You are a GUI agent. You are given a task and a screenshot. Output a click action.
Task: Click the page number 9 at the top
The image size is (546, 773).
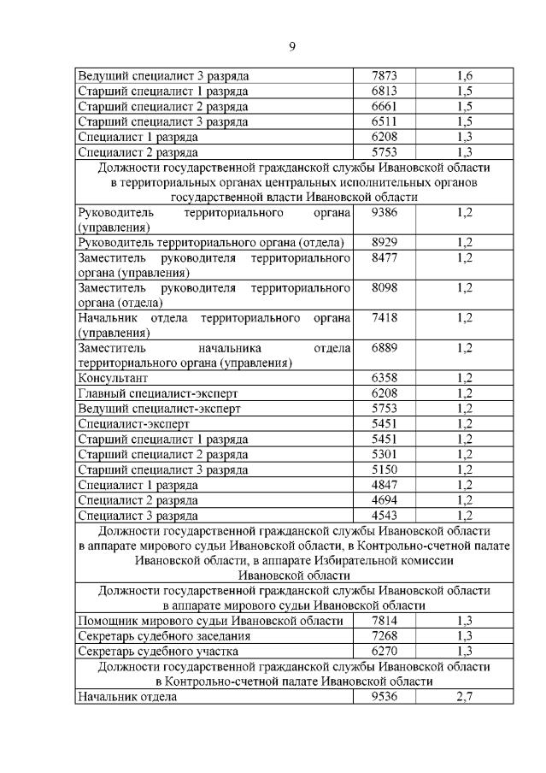pyautogui.click(x=291, y=46)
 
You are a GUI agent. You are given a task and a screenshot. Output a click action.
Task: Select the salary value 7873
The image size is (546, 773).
pyautogui.click(x=385, y=76)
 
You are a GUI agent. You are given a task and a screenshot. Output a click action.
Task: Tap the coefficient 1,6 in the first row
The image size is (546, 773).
pyautogui.click(x=464, y=76)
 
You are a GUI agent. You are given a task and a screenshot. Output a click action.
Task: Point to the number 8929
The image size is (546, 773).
pyautogui.click(x=385, y=243)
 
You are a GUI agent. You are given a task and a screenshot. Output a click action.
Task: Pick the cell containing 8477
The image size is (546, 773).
pyautogui.click(x=385, y=257)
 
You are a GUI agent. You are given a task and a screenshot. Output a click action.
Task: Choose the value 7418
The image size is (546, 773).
pyautogui.click(x=385, y=318)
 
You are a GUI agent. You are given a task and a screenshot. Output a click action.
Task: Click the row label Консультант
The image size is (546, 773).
pyautogui.click(x=113, y=378)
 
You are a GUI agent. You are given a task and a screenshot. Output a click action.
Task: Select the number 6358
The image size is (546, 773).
pyautogui.click(x=385, y=378)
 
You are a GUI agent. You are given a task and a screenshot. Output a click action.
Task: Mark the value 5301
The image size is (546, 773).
pyautogui.click(x=385, y=454)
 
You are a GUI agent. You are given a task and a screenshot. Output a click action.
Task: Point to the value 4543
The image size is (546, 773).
pyautogui.click(x=385, y=515)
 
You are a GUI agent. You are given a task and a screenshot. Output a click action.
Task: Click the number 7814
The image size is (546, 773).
pyautogui.click(x=385, y=621)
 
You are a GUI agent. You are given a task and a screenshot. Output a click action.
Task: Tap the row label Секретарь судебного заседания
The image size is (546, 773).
pyautogui.click(x=164, y=636)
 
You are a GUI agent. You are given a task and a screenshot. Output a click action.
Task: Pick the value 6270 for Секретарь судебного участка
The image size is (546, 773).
pyautogui.click(x=385, y=652)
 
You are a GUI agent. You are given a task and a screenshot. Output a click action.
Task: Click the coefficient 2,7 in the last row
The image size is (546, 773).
pyautogui.click(x=464, y=697)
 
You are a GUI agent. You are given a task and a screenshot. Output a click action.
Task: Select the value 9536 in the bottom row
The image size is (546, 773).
pyautogui.click(x=385, y=697)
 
